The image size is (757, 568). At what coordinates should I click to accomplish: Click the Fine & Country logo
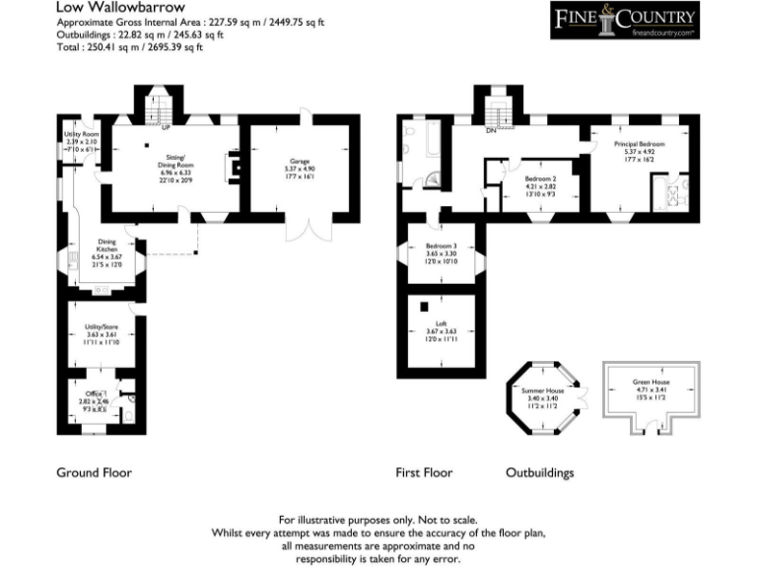coord(624,20)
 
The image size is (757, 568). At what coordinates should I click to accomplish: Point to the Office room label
coord(95,395)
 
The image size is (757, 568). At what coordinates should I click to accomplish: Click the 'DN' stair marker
coord(489,130)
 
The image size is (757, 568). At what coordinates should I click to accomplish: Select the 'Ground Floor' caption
coord(94,472)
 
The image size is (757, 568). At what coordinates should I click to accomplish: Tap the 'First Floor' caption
coord(424,472)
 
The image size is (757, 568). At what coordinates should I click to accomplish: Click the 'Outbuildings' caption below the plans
coord(539,472)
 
